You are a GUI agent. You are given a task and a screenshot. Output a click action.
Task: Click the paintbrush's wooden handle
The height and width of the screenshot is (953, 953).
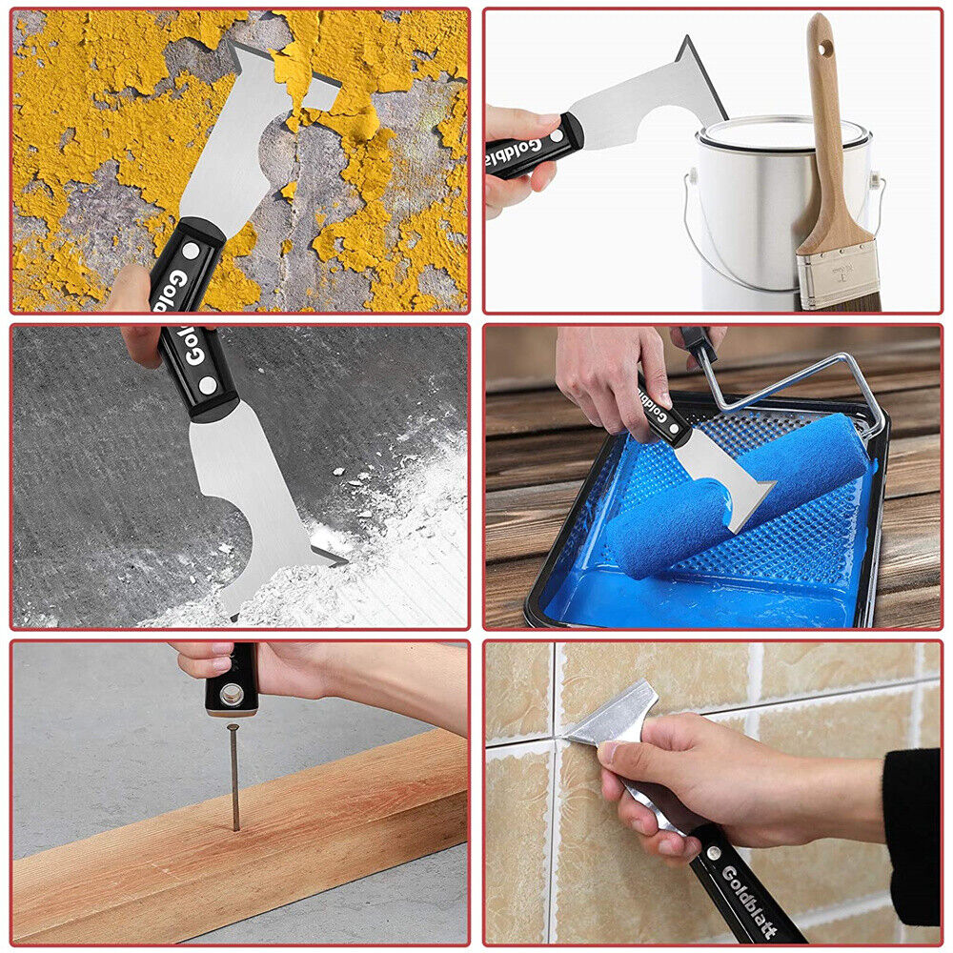pyautogui.click(x=825, y=143)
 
